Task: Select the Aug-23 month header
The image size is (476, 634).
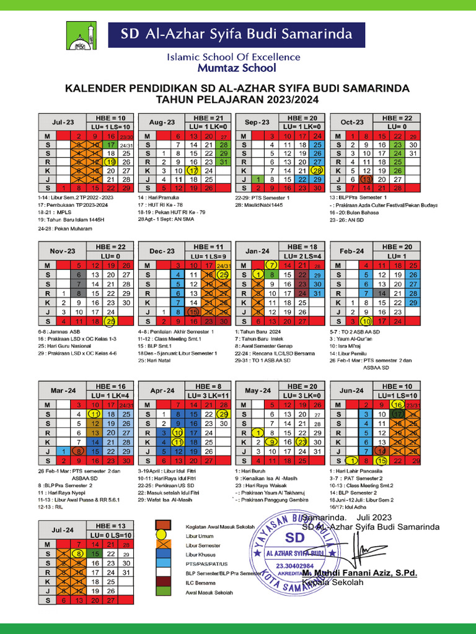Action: [x=162, y=123]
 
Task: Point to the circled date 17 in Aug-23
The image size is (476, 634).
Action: [x=193, y=170]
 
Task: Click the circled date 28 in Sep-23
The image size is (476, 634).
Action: [x=318, y=170]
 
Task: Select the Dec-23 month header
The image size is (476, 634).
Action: [x=162, y=251]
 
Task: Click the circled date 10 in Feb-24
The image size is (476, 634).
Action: [x=366, y=321]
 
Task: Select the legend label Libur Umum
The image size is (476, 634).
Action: [x=199, y=536]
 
